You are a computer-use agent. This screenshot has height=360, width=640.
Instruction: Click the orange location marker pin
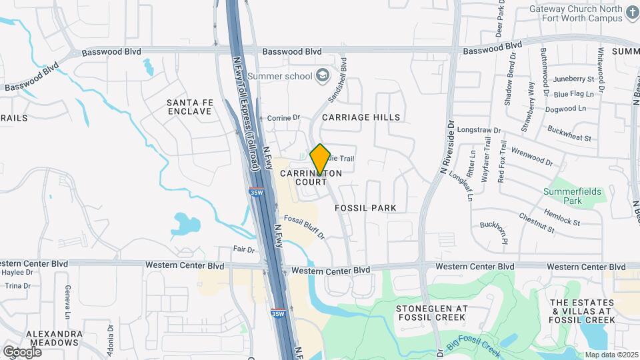point(320,159)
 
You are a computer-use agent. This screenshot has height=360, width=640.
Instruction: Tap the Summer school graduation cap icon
point(323,75)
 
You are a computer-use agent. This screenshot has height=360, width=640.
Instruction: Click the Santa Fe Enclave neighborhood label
point(189,107)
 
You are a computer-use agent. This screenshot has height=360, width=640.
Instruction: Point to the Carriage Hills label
point(361,117)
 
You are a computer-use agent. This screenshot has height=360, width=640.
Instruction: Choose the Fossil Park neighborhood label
point(365,208)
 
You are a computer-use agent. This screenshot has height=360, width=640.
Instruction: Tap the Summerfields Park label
point(572,195)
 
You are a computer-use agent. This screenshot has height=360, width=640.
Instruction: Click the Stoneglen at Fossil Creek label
point(432,313)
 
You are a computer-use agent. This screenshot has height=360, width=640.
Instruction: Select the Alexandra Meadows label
point(53,338)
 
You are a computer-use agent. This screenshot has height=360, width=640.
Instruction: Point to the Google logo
point(22,351)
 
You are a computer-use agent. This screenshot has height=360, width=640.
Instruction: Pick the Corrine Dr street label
point(283,118)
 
